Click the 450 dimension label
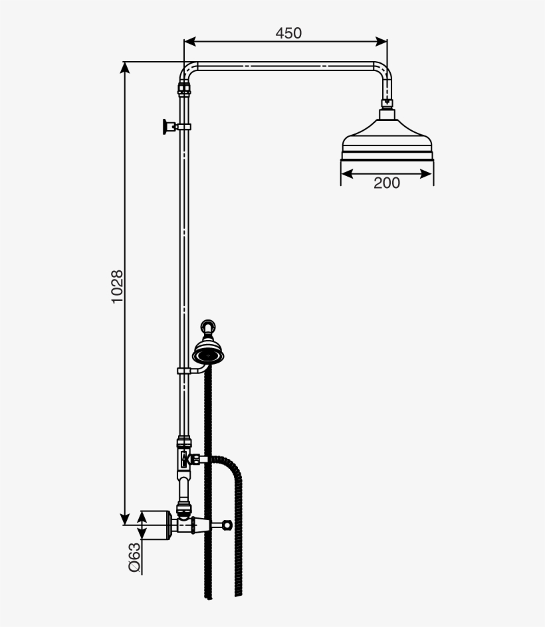tap(288, 33)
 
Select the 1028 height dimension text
tap(117, 286)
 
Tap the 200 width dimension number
tap(386, 183)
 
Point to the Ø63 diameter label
tap(135, 557)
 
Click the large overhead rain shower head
tap(387, 142)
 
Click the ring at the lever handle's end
tap(228, 525)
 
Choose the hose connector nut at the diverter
tap(195, 458)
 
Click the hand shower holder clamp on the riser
tap(184, 370)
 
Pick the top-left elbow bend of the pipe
tap(188, 69)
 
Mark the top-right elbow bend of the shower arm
tap(383, 70)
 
